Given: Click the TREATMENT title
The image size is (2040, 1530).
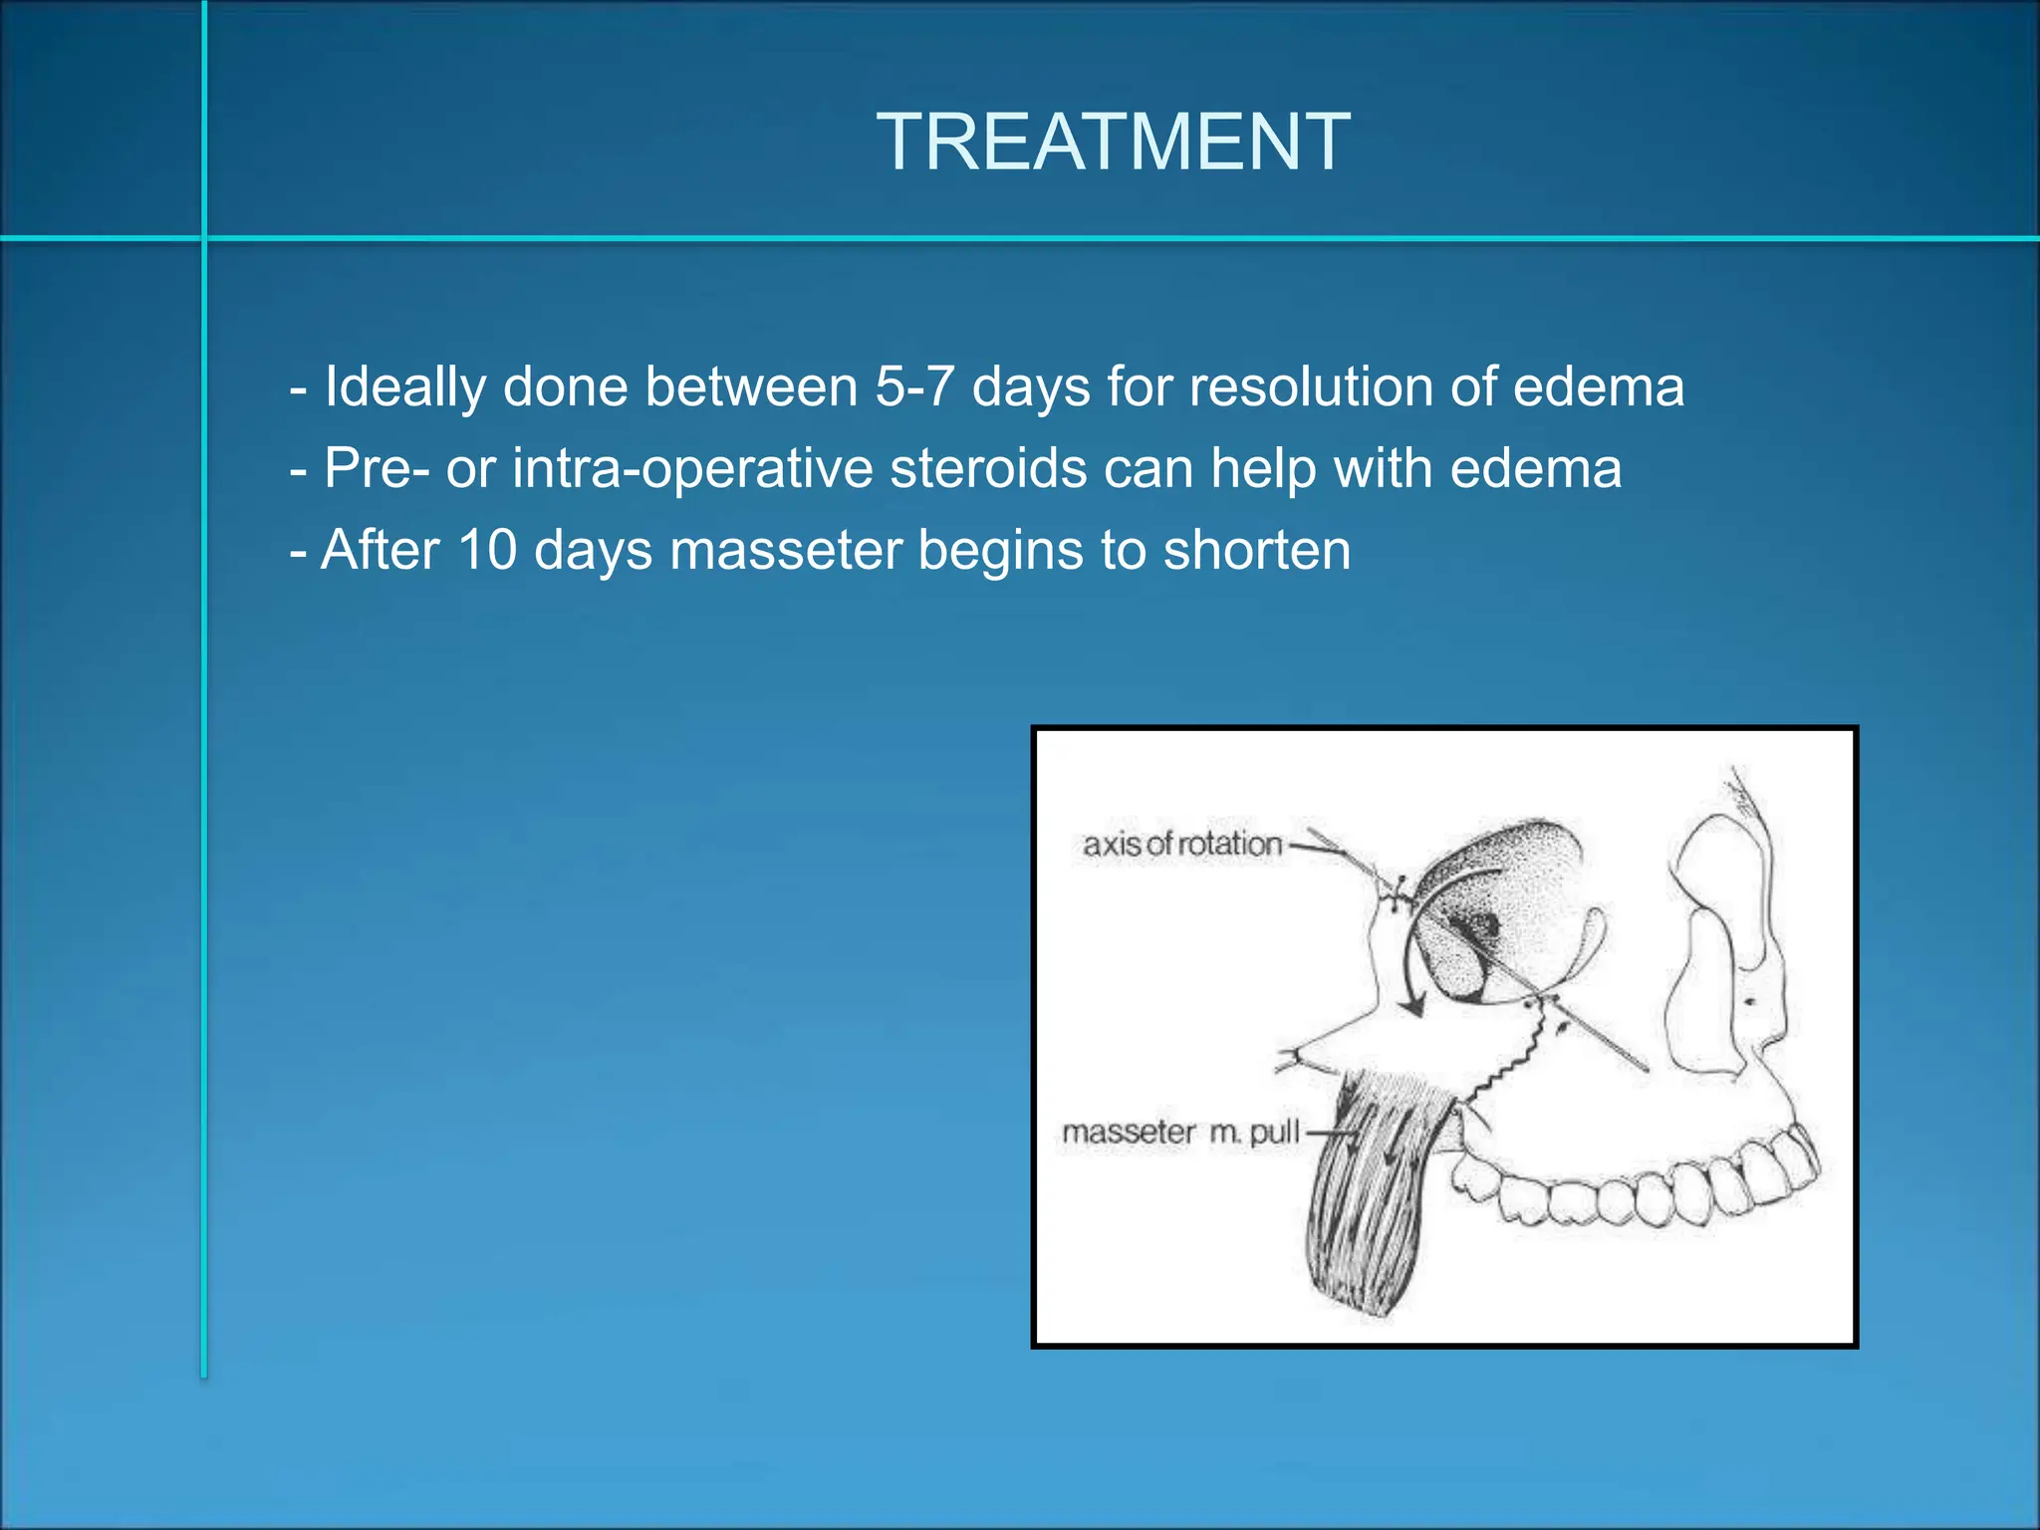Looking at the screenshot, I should [x=1113, y=142].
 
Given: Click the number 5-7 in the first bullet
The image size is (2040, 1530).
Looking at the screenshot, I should [x=914, y=386].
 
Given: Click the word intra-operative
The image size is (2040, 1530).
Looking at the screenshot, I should [x=692, y=468].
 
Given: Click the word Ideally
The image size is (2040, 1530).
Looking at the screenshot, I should [x=404, y=386].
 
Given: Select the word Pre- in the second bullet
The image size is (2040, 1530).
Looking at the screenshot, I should [x=377, y=468].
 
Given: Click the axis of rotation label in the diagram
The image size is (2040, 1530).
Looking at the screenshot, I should [x=1182, y=845].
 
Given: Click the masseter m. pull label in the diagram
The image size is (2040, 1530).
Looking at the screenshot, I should [x=1180, y=1133].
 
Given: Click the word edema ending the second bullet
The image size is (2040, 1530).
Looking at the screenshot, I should [x=1535, y=468].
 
